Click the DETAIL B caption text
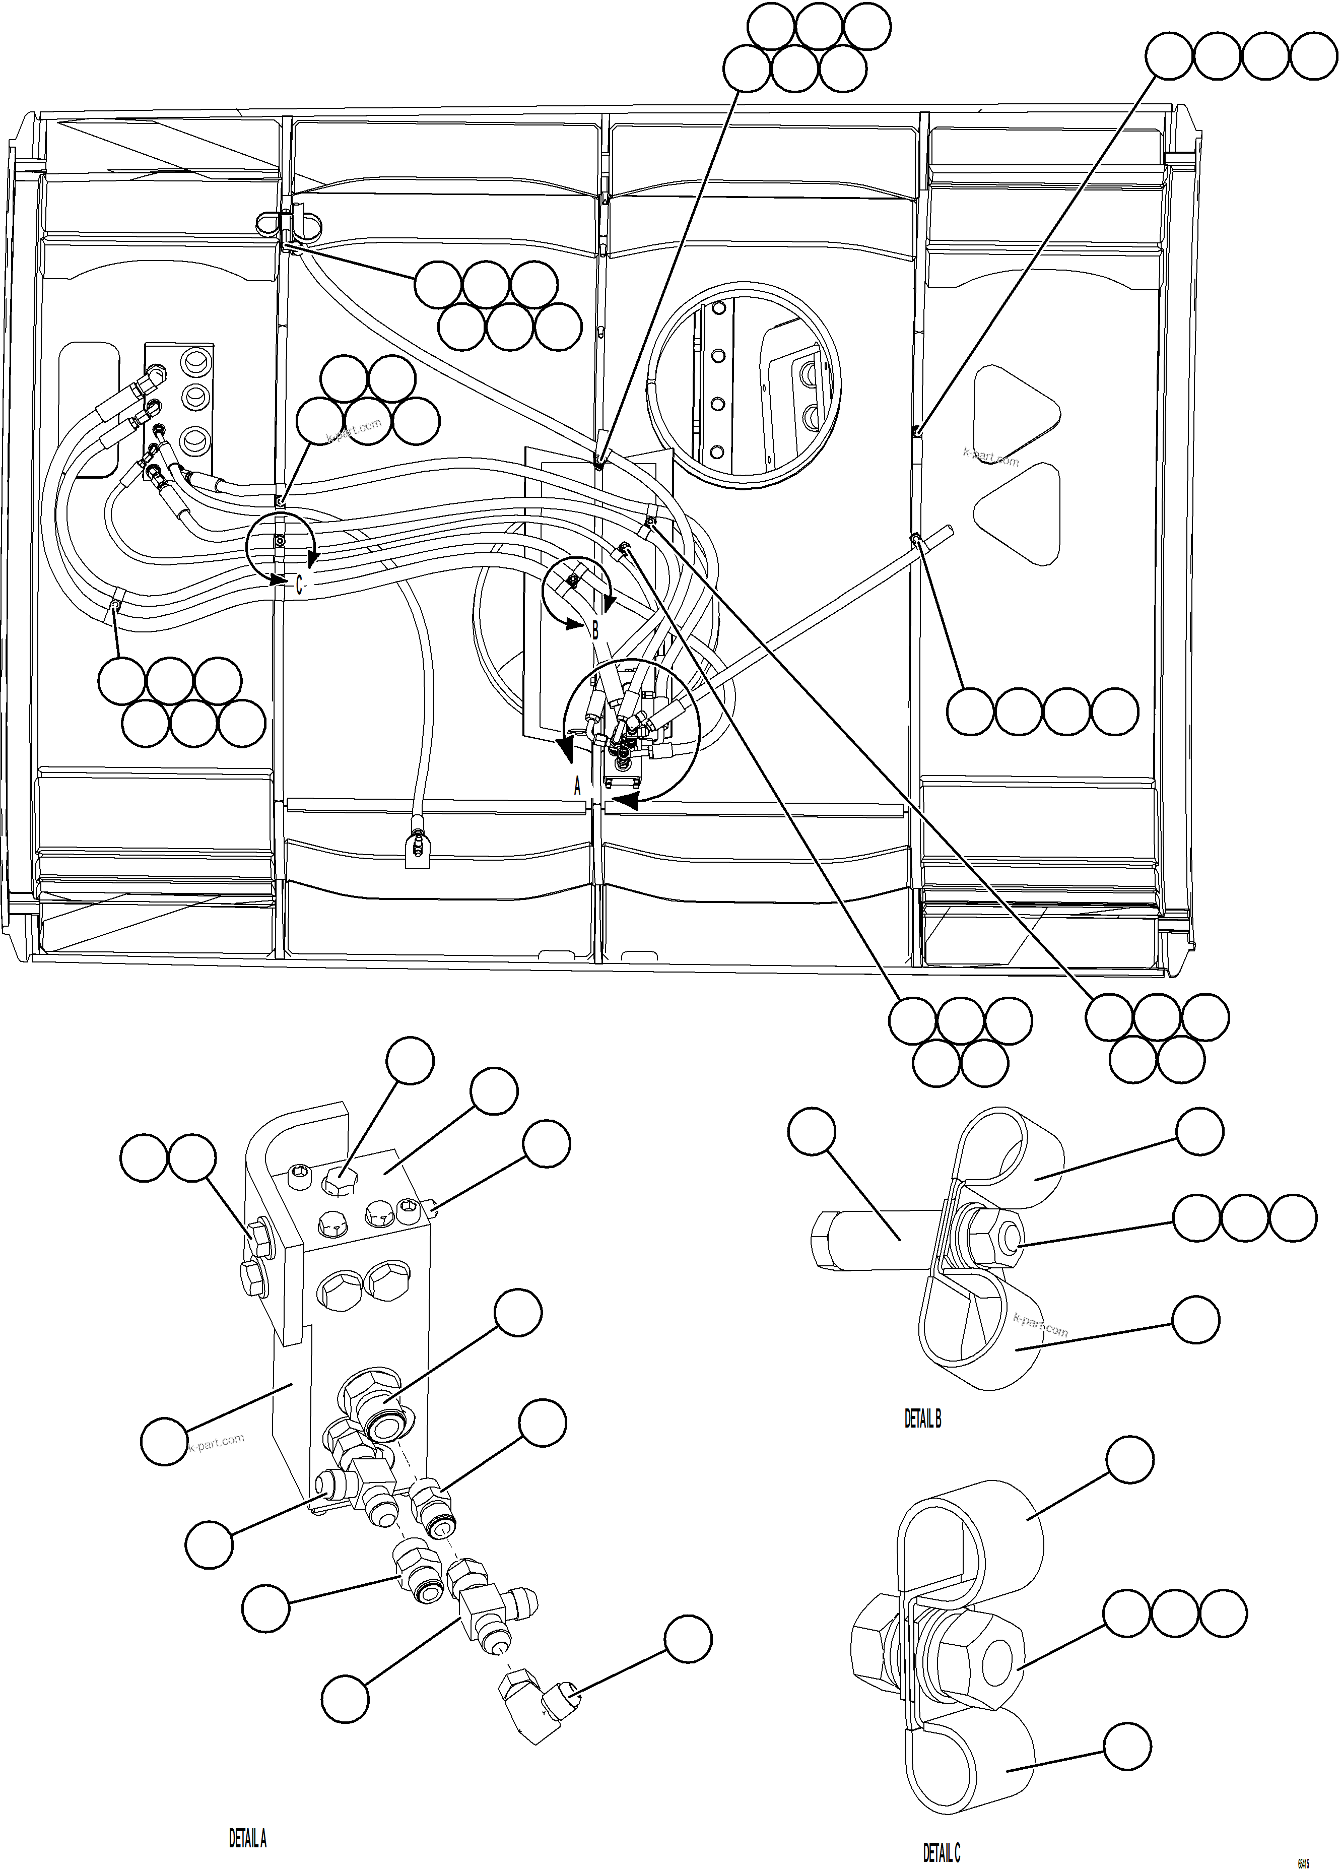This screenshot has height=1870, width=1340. point(922,1419)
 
